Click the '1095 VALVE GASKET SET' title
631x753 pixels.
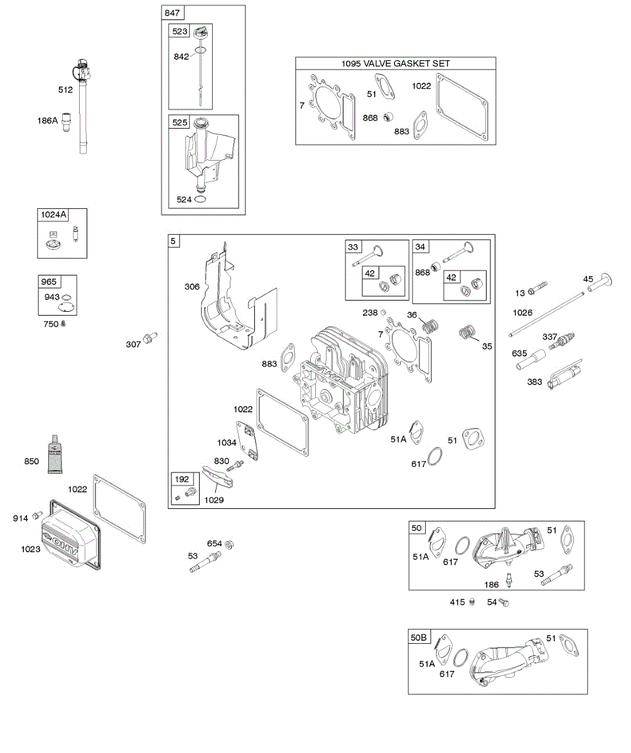point(396,63)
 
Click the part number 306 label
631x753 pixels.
point(191,287)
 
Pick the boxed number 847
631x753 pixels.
point(171,13)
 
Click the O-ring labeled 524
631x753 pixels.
point(201,200)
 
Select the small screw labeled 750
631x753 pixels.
point(63,324)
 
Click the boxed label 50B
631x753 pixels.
point(419,637)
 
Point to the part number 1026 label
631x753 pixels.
point(522,312)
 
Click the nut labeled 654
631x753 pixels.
point(229,543)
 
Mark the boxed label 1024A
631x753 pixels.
point(53,215)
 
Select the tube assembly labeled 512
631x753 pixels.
point(82,107)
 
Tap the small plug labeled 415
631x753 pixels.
point(472,602)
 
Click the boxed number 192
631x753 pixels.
point(182,479)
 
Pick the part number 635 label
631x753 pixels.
point(519,353)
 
